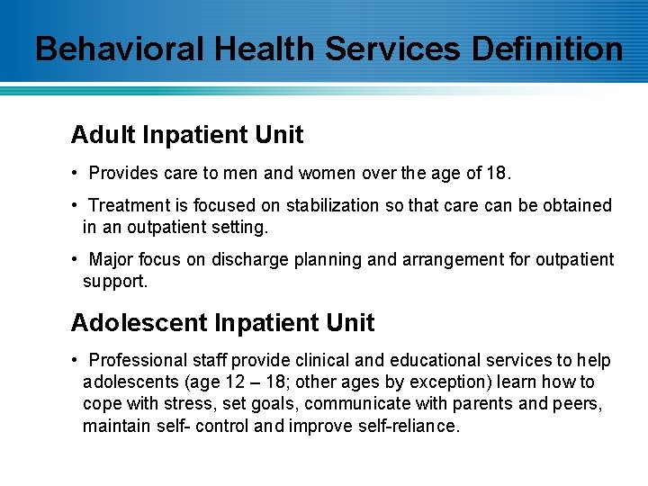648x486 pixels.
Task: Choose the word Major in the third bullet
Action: pos(112,259)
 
